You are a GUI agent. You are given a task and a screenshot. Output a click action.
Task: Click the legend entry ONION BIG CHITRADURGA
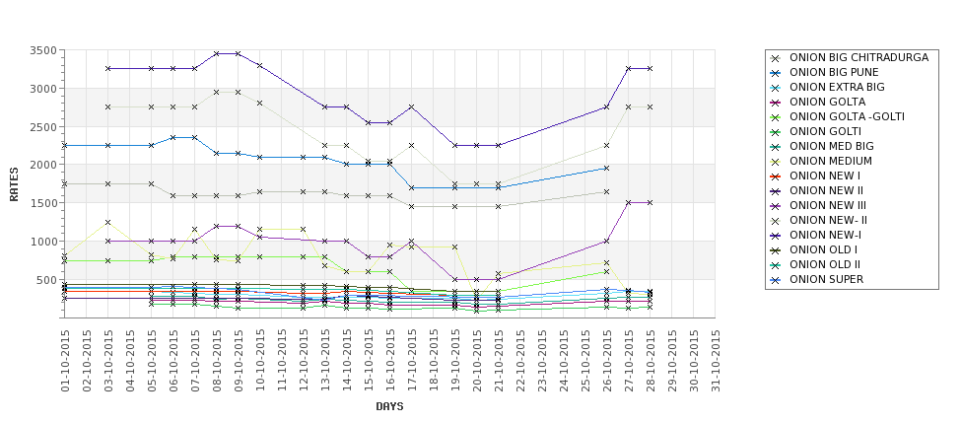click(x=858, y=58)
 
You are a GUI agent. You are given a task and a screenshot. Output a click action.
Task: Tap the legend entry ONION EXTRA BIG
click(x=837, y=88)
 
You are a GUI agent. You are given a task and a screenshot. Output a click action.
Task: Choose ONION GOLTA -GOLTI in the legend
click(x=847, y=117)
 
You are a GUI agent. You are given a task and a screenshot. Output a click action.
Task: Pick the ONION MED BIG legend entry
click(x=834, y=147)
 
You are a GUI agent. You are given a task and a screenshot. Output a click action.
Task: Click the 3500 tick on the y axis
click(x=44, y=50)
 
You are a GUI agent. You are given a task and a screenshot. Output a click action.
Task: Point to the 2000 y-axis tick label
click(x=44, y=165)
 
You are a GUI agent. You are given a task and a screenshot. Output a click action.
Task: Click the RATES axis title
click(x=14, y=183)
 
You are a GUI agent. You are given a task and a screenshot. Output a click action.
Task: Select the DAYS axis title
click(x=389, y=406)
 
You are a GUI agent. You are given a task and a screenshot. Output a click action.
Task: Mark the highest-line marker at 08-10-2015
click(x=217, y=53)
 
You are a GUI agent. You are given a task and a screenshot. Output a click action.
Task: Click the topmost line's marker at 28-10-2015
click(x=650, y=68)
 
